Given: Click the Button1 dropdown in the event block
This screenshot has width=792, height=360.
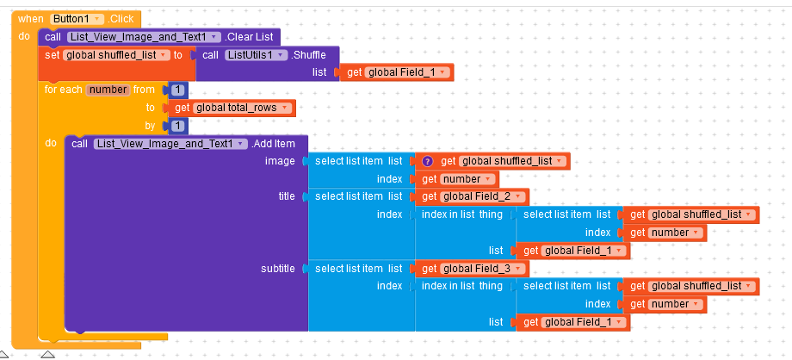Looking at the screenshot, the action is tap(77, 19).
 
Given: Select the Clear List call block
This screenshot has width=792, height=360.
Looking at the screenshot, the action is tap(159, 37).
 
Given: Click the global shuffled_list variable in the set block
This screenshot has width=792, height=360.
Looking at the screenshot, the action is tap(117, 55).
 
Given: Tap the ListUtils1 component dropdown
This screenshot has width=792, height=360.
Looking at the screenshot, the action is tap(256, 55).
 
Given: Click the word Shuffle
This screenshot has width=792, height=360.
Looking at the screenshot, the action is tap(308, 55).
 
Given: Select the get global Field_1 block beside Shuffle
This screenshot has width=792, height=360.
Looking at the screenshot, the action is tap(397, 72).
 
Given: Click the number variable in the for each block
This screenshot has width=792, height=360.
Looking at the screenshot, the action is tap(108, 90).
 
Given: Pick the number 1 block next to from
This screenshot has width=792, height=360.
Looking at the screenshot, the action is tap(177, 90).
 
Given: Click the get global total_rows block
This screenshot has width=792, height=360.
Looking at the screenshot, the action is tap(232, 108).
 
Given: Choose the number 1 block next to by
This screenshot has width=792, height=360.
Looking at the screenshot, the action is tap(177, 126).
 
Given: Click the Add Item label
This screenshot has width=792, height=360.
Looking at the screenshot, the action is tap(273, 144).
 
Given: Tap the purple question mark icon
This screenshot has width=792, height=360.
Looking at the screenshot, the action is tap(427, 161).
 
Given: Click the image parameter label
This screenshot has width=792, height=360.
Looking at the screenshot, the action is tap(280, 161).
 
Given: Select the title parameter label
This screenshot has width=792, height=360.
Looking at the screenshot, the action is tap(287, 196).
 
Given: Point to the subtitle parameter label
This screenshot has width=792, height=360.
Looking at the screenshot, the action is tap(278, 269).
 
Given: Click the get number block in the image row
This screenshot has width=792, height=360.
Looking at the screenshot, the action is tap(457, 179).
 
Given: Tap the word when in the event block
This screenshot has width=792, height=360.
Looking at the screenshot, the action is tap(31, 19).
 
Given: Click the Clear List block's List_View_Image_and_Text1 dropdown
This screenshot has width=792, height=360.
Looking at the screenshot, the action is tap(144, 37).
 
